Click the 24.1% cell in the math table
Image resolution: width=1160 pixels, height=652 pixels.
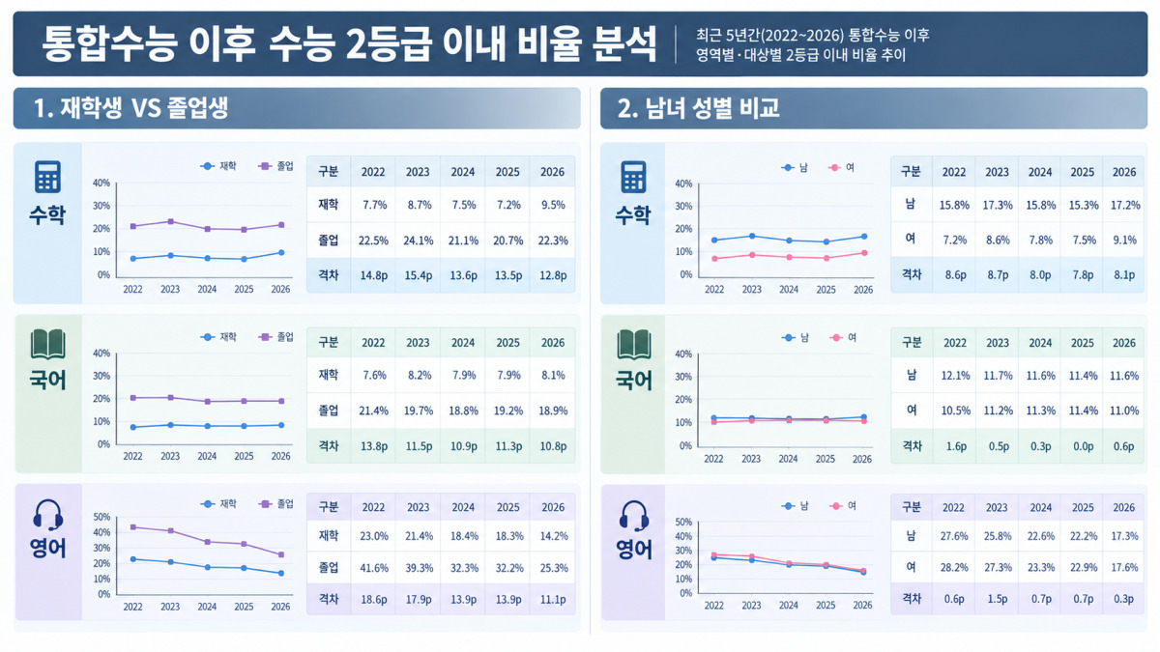click(x=418, y=241)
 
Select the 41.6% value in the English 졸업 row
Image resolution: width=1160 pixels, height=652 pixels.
click(x=374, y=568)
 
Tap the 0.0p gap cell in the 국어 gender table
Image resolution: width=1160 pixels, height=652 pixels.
click(x=1083, y=446)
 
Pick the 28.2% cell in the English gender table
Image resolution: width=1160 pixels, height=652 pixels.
click(x=954, y=568)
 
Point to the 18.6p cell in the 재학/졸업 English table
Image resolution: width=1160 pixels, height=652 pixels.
click(x=374, y=600)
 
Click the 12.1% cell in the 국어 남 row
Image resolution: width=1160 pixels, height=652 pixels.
click(x=955, y=376)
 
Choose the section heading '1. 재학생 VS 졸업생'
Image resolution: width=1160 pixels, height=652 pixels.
click(x=131, y=108)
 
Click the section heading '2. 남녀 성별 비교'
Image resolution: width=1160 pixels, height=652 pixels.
click(x=698, y=108)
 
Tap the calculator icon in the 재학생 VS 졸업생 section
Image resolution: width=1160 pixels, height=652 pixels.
click(x=47, y=177)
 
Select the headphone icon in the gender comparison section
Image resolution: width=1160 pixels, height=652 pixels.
click(x=634, y=516)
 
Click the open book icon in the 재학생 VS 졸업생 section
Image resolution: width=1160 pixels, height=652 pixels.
click(x=47, y=344)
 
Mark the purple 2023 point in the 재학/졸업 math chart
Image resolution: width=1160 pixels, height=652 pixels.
click(x=170, y=221)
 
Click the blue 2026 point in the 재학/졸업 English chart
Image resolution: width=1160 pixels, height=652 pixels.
click(x=281, y=574)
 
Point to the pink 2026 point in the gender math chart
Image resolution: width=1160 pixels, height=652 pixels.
click(x=864, y=253)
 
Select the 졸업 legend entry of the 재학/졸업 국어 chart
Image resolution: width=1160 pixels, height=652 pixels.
click(x=276, y=337)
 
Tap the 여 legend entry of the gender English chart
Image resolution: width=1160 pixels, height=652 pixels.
click(x=843, y=506)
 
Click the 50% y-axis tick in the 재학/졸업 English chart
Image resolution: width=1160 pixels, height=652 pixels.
click(x=101, y=517)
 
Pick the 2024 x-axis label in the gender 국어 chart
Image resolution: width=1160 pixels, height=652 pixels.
click(x=788, y=459)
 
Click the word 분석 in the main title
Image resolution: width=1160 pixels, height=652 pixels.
click(x=624, y=44)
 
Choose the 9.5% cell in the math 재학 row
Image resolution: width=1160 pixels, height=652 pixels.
click(x=553, y=205)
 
